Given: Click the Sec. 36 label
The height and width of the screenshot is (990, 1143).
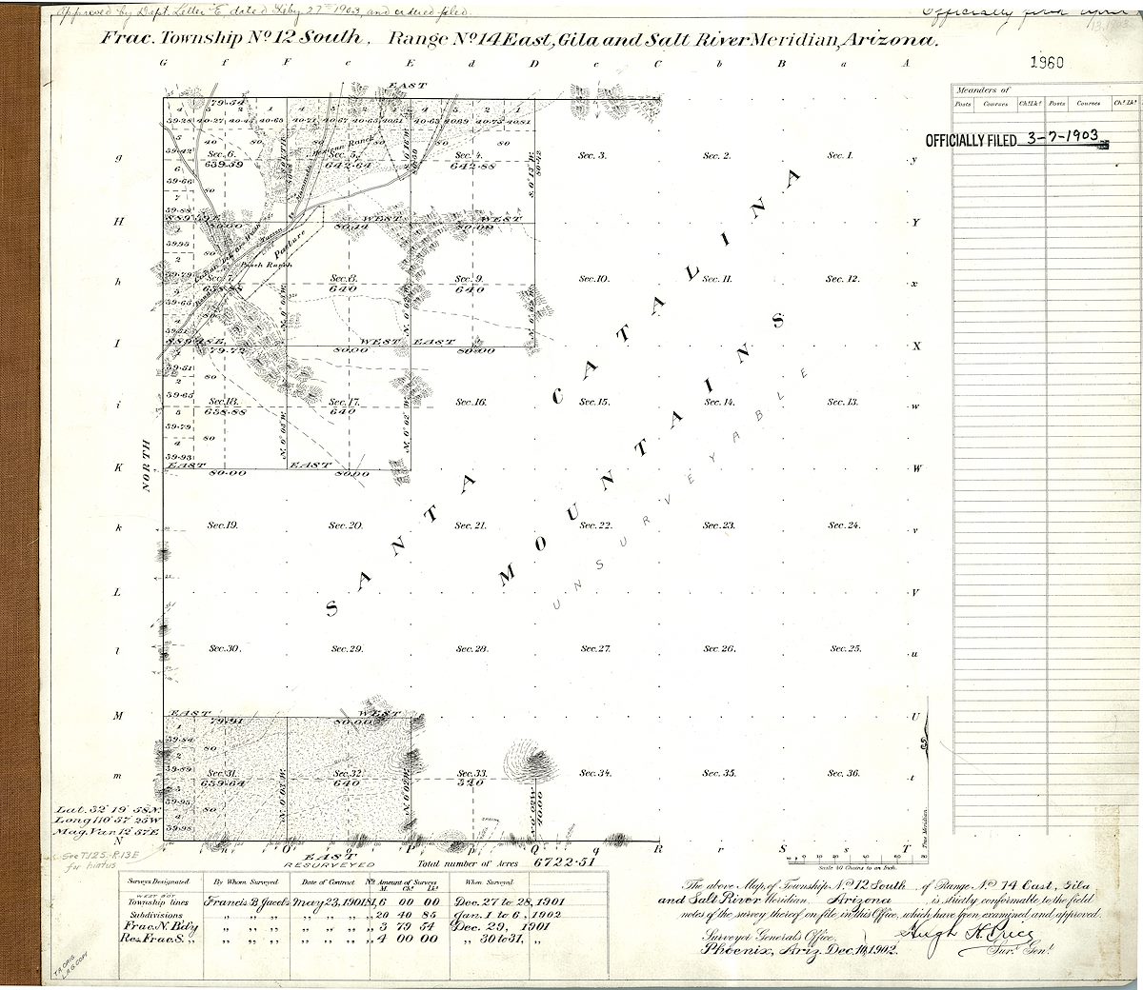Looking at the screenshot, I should pos(843,773).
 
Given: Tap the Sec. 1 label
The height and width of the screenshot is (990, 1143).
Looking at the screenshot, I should pos(840,155).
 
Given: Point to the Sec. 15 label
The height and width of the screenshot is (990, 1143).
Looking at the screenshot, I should pos(594,402).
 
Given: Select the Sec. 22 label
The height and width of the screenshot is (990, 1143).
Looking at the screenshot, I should pos(595,525).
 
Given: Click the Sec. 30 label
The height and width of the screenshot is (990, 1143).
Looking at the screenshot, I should pos(224,648).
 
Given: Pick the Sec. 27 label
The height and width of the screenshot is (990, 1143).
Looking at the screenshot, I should pos(595,648).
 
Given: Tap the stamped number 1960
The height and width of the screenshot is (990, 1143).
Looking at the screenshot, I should pos(1047,63).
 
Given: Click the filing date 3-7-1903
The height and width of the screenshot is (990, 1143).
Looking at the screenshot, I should pos(1061,137).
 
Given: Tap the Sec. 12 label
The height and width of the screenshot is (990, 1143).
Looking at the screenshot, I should pos(842,279).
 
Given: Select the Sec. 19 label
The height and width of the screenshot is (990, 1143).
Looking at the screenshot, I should pos(224,525).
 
